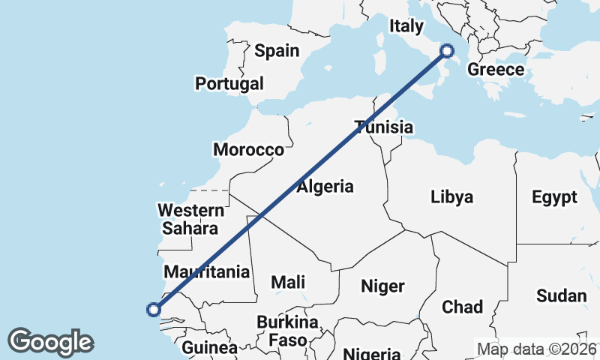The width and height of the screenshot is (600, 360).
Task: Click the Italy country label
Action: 406,26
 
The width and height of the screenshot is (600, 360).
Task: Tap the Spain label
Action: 277,51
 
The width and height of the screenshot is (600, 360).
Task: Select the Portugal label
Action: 229,83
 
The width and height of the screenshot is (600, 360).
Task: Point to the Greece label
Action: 495,70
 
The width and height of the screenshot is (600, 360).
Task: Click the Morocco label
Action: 249,149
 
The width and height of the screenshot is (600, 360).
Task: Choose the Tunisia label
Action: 384,127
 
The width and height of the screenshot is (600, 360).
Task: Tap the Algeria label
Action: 325,187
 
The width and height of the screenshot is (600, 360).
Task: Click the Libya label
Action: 452,197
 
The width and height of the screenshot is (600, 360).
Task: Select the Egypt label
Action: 555,197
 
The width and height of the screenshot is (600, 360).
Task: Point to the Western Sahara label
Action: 190,219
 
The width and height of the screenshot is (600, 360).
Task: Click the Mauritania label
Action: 207,271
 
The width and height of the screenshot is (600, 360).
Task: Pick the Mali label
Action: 288,282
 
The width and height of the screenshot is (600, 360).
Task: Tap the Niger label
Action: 382,286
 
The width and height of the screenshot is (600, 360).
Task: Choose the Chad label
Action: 463,307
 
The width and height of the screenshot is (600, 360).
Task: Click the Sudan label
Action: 562,295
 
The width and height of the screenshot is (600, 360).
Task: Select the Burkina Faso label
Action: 288,331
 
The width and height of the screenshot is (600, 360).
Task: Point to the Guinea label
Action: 210,348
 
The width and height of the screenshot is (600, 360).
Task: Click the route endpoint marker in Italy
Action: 447,51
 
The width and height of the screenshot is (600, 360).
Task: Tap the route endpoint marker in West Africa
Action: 154,309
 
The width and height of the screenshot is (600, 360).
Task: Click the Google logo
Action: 50,342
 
